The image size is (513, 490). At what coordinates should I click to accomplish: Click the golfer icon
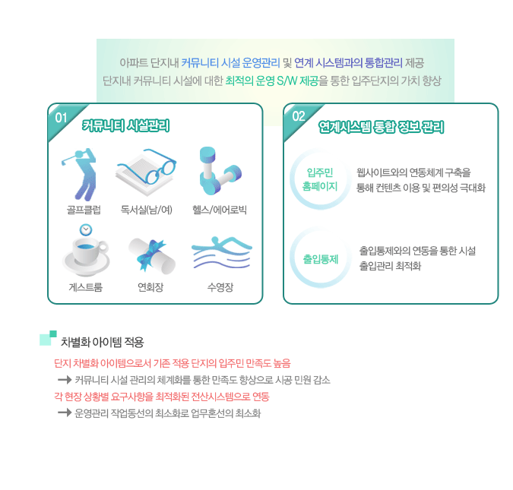(80, 174)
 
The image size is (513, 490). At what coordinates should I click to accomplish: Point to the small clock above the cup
(86, 229)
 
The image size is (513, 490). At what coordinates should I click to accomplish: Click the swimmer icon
(222, 252)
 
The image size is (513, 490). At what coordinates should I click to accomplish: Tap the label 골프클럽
(84, 210)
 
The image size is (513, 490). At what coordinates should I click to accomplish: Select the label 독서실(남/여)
(146, 210)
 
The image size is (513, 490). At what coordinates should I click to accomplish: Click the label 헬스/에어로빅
(220, 210)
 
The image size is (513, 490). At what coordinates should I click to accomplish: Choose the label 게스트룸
(86, 287)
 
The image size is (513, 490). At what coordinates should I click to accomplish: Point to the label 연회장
(150, 287)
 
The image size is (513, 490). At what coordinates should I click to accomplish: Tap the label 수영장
(220, 287)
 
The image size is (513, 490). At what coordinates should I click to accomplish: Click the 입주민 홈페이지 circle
(320, 179)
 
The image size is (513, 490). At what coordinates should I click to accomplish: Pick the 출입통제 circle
(320, 259)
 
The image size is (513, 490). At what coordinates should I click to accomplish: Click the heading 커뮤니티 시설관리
(125, 125)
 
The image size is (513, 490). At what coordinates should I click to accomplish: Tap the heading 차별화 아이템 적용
(103, 342)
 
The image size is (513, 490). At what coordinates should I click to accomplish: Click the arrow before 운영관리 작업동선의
(65, 413)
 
